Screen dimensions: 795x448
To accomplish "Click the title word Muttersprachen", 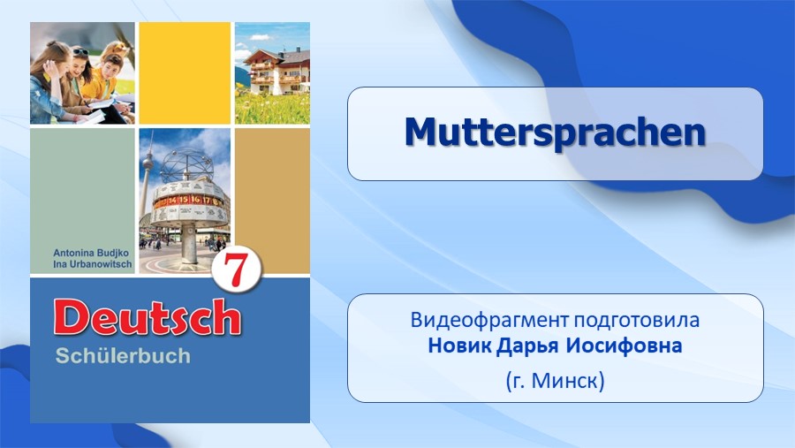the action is click(556, 133).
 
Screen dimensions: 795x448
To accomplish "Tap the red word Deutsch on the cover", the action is click(147, 317).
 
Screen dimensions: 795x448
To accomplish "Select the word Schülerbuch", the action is click(123, 356).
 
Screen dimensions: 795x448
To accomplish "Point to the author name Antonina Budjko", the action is click(91, 253).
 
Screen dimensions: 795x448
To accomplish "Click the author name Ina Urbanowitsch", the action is click(92, 264).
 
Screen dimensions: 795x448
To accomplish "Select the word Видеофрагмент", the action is click(489, 320).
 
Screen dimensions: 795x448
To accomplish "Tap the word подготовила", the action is click(637, 321).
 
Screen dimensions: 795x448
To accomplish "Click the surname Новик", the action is click(460, 345).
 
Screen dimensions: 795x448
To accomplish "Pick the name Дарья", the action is click(527, 346).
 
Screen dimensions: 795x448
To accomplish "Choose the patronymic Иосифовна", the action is click(625, 345).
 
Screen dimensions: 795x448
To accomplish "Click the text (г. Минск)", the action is click(556, 380).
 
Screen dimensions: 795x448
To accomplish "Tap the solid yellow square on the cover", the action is click(185, 73).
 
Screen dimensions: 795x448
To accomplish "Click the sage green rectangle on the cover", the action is click(83, 201).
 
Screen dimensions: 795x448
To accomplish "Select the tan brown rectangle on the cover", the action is click(272, 201).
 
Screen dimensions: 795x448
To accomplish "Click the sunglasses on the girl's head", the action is click(81, 51).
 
